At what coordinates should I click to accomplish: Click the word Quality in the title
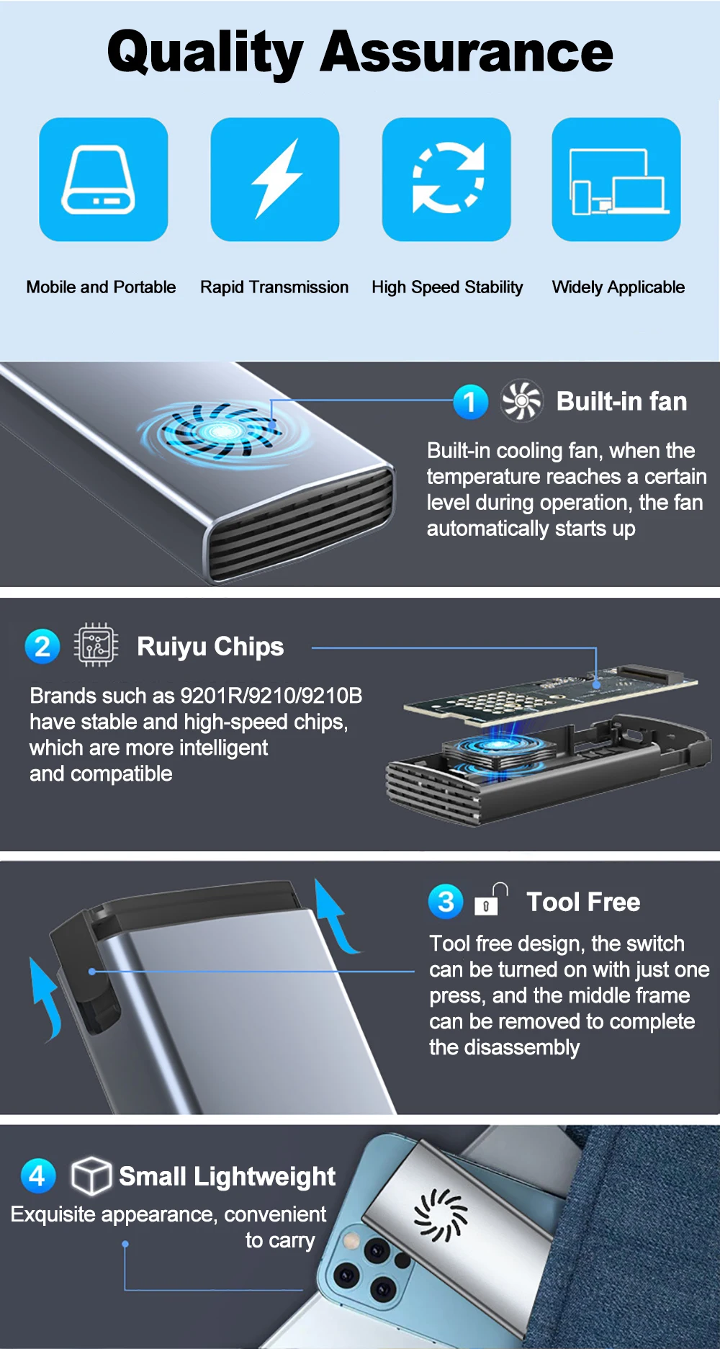[x=206, y=53]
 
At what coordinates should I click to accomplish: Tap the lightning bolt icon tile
[x=275, y=179]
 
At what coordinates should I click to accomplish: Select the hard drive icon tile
[x=104, y=179]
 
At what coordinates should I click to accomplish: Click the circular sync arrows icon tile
[x=446, y=179]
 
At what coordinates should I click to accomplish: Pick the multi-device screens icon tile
[x=616, y=179]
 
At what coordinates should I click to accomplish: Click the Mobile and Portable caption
[x=101, y=287]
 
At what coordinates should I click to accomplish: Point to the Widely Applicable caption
[x=618, y=287]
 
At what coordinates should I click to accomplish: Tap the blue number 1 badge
[x=471, y=402]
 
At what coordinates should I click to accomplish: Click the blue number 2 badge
[x=42, y=646]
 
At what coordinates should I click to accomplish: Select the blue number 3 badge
[x=446, y=901]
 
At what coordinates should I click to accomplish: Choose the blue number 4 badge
[x=38, y=1175]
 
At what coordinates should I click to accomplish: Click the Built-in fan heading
[x=621, y=401]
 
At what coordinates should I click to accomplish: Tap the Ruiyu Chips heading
[x=210, y=647]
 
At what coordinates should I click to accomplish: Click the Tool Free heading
[x=583, y=902]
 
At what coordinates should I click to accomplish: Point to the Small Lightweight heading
[x=227, y=1177]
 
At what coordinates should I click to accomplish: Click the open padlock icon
[x=491, y=899]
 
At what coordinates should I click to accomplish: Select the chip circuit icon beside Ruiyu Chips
[x=96, y=645]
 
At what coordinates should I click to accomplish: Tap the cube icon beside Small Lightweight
[x=91, y=1175]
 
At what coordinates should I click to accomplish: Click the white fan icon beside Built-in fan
[x=522, y=400]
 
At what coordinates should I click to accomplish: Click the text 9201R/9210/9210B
[x=271, y=696]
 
